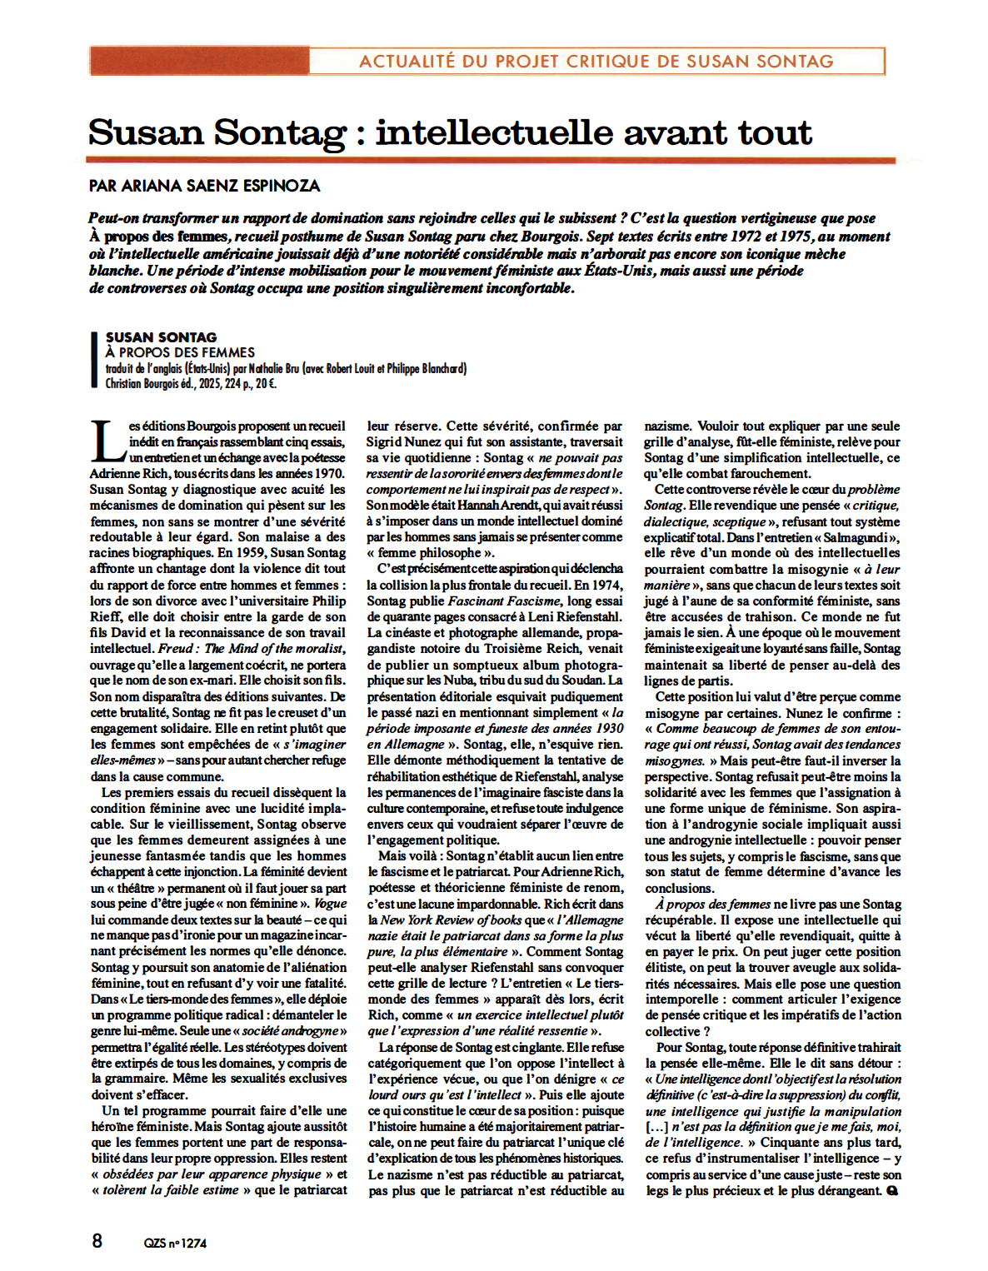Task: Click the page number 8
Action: [x=97, y=1240]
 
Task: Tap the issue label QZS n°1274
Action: [x=175, y=1244]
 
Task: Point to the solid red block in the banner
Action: [x=200, y=61]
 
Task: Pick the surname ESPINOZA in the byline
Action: [x=278, y=186]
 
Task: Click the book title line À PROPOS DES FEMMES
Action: [x=180, y=352]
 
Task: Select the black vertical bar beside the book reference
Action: [x=94, y=360]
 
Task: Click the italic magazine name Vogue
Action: [x=331, y=904]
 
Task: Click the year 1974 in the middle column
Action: [x=606, y=585]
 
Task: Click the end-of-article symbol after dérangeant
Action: [x=892, y=1191]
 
